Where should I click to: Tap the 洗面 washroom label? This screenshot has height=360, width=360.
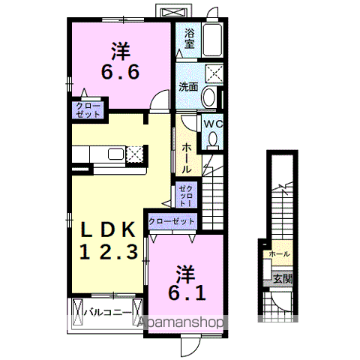point(188,86)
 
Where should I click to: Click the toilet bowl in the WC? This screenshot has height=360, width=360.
point(213,139)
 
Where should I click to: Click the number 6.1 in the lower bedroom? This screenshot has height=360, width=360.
point(187,285)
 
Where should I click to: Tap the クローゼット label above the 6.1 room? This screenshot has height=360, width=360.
point(172,221)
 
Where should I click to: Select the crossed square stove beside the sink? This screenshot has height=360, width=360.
point(135,154)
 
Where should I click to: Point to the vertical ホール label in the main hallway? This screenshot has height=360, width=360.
point(186,158)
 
